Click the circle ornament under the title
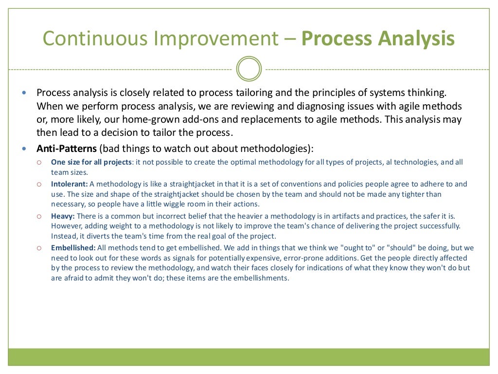coord(249,69)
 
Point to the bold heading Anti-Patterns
coord(67,149)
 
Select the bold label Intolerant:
coord(69,184)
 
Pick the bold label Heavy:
coord(63,216)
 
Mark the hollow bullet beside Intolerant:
coord(39,184)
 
